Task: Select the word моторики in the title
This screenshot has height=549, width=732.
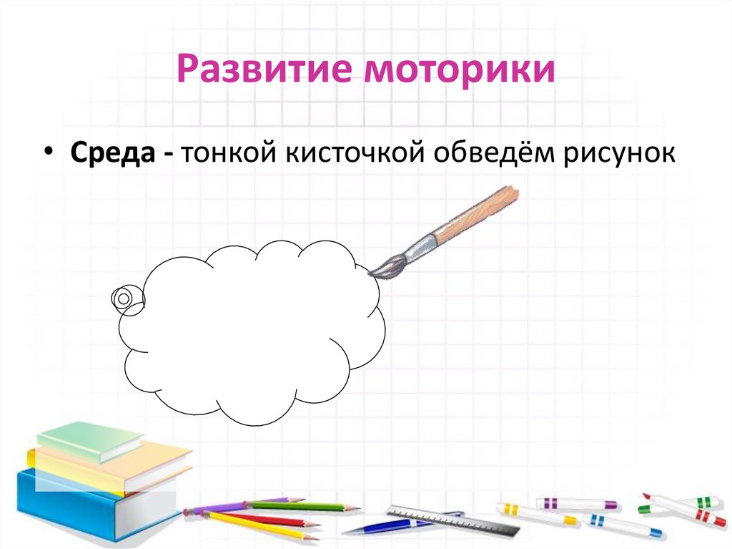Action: tap(460, 71)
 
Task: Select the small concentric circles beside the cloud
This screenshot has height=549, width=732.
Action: tap(123, 297)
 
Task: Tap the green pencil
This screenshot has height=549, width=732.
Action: tap(300, 506)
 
